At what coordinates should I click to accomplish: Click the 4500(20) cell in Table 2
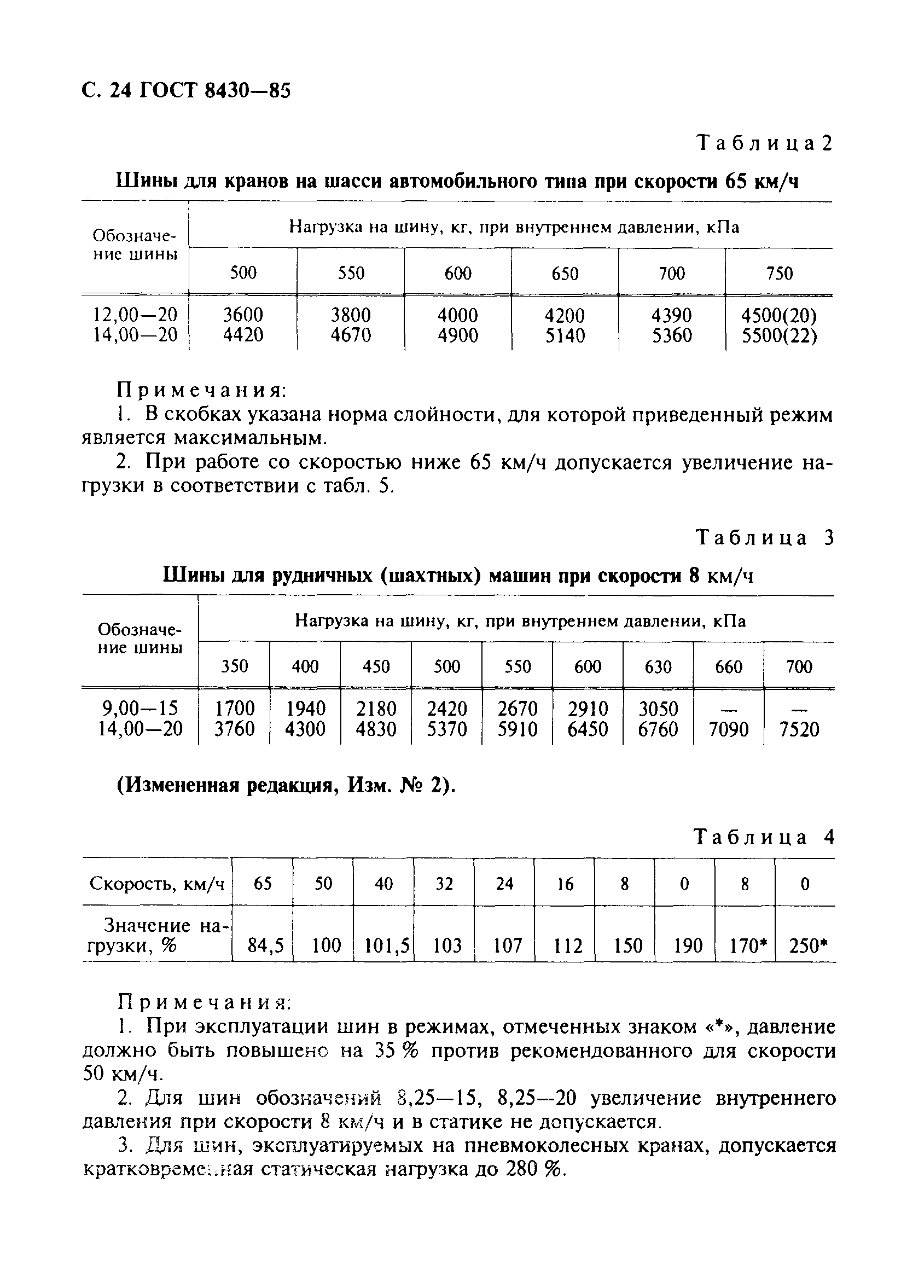[778, 315]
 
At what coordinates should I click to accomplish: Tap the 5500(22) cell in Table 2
[778, 335]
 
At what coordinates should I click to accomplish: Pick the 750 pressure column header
[779, 273]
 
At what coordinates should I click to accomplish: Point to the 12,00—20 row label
[135, 315]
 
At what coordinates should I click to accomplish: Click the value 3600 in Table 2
[243, 315]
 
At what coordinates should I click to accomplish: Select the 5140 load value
[565, 335]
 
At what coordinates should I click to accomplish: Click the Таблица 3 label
[765, 537]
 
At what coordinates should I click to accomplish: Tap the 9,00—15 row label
[139, 709]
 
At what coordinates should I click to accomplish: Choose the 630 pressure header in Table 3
[658, 666]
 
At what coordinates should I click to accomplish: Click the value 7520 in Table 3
[799, 729]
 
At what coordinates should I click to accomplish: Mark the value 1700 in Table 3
[235, 709]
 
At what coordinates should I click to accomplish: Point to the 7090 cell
[728, 729]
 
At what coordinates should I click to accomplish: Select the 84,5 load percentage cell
[265, 946]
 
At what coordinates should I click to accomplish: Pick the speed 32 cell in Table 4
[444, 884]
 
